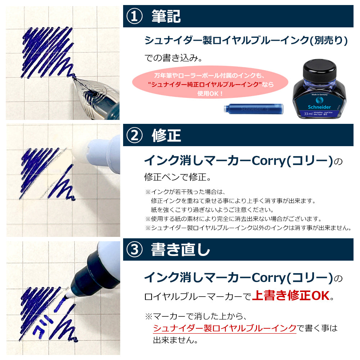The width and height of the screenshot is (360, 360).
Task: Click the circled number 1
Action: (135, 16)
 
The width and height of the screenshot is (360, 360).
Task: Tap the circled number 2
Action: (135, 135)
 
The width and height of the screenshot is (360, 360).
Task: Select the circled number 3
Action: (135, 249)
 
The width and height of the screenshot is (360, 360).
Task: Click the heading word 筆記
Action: (166, 16)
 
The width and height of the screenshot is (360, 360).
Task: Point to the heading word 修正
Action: (166, 135)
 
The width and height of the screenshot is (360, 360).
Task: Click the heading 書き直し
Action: (180, 249)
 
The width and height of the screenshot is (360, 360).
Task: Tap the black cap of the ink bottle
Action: (320, 69)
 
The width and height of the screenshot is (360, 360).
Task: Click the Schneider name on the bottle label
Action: (319, 107)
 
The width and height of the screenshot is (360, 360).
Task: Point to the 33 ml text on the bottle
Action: (308, 114)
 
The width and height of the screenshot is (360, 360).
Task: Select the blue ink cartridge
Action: (254, 108)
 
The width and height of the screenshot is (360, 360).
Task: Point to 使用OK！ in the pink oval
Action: (210, 94)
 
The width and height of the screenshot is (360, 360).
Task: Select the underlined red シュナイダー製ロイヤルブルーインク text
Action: (225, 328)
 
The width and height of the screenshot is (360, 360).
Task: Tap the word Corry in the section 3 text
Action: (269, 278)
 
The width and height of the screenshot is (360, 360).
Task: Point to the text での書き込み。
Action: (174, 58)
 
